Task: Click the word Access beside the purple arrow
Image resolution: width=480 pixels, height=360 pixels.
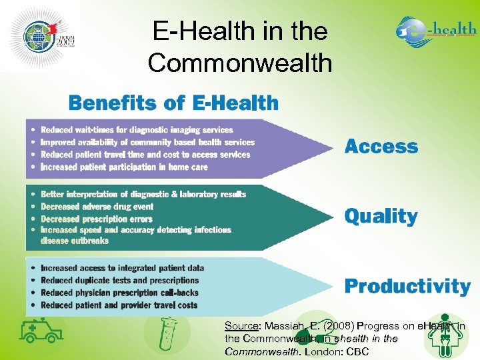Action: [381, 147]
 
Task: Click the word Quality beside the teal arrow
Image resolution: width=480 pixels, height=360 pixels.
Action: [381, 216]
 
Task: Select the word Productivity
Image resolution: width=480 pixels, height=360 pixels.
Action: [407, 286]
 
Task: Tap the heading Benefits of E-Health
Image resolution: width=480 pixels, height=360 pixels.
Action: [173, 103]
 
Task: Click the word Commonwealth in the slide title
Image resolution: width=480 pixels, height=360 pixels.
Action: [240, 63]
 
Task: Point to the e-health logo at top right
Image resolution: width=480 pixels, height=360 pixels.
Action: [436, 31]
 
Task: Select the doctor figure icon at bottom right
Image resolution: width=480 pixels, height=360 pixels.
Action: [446, 333]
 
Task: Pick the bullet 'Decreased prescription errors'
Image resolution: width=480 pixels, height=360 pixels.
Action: [97, 219]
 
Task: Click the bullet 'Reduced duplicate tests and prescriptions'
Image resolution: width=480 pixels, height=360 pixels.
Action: [119, 281]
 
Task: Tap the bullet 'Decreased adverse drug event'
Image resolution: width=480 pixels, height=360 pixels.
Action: [97, 207]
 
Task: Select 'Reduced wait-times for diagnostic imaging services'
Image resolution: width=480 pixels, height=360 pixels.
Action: [137, 130]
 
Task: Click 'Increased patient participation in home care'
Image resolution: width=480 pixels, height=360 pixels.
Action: [124, 167]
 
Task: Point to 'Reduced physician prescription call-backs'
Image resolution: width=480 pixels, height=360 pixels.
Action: [119, 293]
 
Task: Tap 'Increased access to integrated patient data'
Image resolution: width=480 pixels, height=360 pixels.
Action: [122, 268]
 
